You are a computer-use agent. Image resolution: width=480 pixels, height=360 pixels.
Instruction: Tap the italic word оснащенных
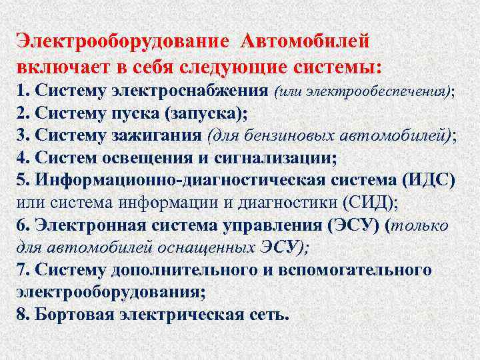[195, 247]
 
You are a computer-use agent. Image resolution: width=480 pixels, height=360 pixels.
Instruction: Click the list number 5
[21, 180]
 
